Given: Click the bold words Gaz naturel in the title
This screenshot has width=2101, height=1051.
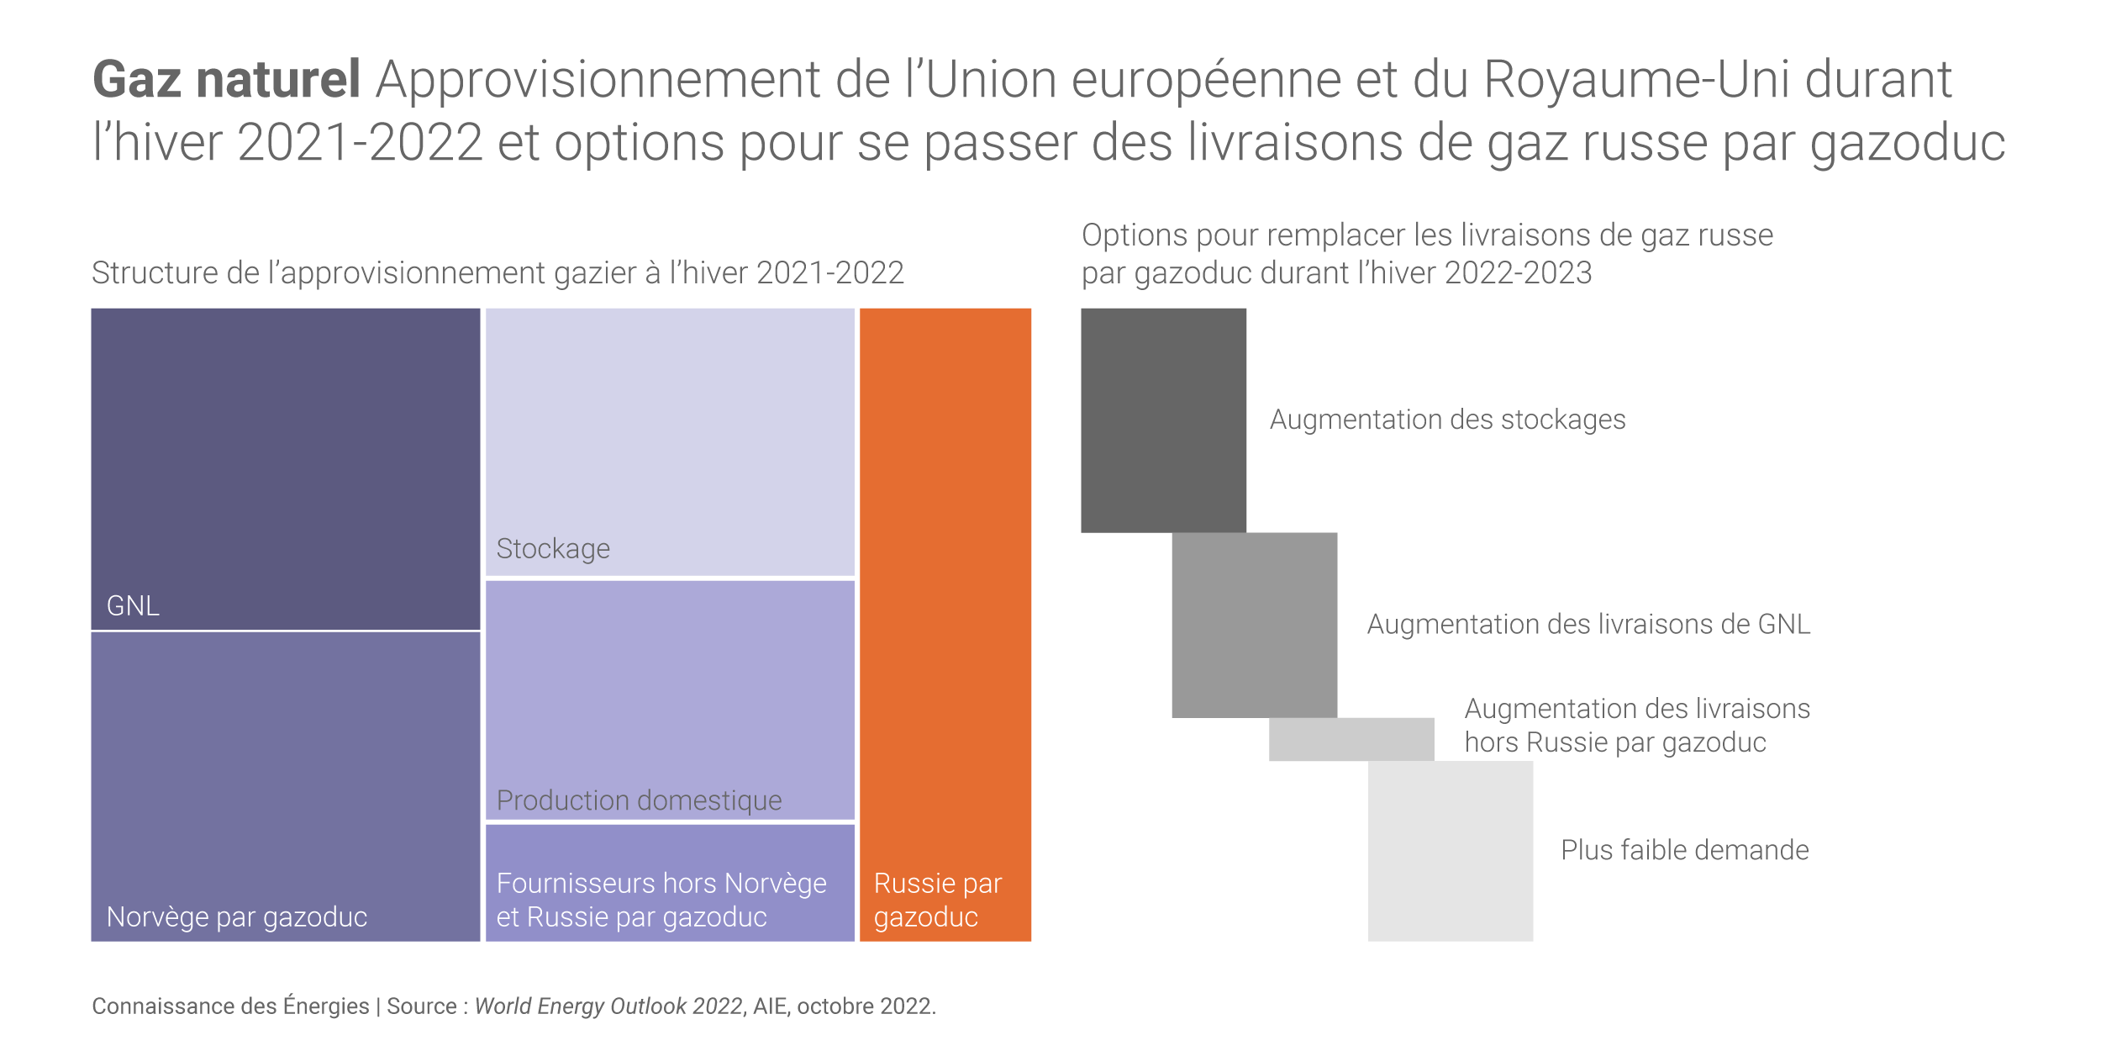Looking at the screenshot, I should click(x=226, y=80).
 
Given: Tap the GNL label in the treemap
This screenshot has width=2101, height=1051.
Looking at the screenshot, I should click(x=133, y=605).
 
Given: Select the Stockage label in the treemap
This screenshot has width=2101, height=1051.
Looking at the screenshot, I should click(x=553, y=549).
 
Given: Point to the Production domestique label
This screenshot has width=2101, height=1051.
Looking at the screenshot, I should click(x=639, y=800).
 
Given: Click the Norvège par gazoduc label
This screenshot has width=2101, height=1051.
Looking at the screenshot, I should click(x=237, y=916).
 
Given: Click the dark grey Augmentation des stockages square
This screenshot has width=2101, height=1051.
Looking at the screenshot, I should click(x=1163, y=420).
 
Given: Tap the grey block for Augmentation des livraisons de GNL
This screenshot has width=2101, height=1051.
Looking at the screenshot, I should click(x=1254, y=625).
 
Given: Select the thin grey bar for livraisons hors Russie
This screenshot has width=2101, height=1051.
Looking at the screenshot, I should click(x=1351, y=739).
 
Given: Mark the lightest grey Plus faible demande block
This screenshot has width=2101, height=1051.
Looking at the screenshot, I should click(x=1450, y=850).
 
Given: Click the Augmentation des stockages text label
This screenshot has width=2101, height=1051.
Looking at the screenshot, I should click(x=1447, y=420).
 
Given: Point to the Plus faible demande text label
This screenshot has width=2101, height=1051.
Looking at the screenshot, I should click(x=1684, y=850).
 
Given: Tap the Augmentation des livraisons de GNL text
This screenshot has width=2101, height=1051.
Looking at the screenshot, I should click(x=1588, y=624).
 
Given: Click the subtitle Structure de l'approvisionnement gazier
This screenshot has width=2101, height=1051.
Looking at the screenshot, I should click(x=498, y=273).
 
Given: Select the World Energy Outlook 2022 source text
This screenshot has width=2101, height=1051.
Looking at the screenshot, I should click(x=608, y=1006).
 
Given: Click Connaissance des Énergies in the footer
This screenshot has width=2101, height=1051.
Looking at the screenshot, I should click(x=230, y=1006).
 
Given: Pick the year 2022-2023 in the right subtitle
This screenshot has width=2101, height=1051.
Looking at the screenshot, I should click(x=1518, y=273).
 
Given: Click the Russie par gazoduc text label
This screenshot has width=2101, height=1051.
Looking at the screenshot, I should click(x=937, y=900).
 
